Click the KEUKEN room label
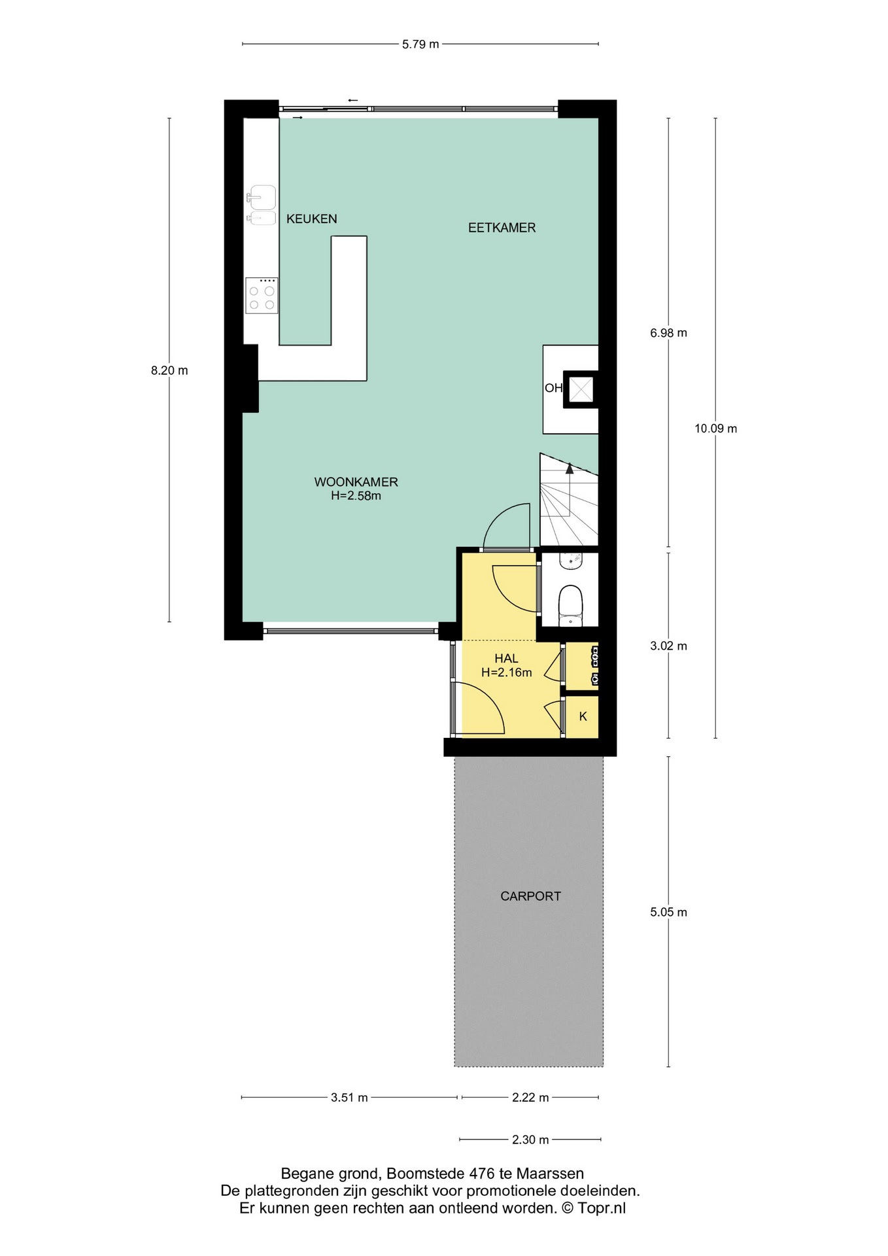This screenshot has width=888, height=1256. point(311,219)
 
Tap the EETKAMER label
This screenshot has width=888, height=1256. point(502,228)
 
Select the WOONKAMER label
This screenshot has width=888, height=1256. point(356,482)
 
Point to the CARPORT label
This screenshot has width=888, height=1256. point(530,896)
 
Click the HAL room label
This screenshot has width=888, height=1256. point(506,659)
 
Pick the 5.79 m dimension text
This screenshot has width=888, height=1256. point(420,44)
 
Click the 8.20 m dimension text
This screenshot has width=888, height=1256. point(169,370)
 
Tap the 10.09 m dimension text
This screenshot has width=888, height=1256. point(715,428)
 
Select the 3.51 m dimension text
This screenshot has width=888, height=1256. point(349,1098)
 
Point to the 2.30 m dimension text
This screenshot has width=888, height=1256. point(530,1140)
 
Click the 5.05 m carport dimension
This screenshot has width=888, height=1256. point(668,912)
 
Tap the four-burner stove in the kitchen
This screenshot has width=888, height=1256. point(262,296)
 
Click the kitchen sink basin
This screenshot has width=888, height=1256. point(263,197)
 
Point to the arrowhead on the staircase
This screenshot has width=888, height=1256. point(570,468)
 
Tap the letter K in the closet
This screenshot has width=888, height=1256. point(583,716)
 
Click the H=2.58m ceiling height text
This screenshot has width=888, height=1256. point(356,496)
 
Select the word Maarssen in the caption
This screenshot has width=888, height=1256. point(550,1174)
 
